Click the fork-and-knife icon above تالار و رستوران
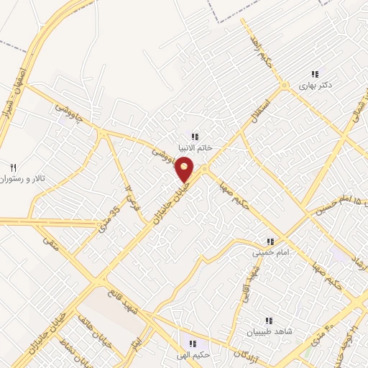point(12,166)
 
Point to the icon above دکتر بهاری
point(314,74)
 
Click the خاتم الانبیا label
point(194,148)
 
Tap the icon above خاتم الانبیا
point(194,137)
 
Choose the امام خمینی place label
point(269,253)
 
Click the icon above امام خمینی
point(270,241)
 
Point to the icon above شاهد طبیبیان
point(268,321)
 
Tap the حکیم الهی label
point(194,354)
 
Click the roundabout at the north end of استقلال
point(284,86)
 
